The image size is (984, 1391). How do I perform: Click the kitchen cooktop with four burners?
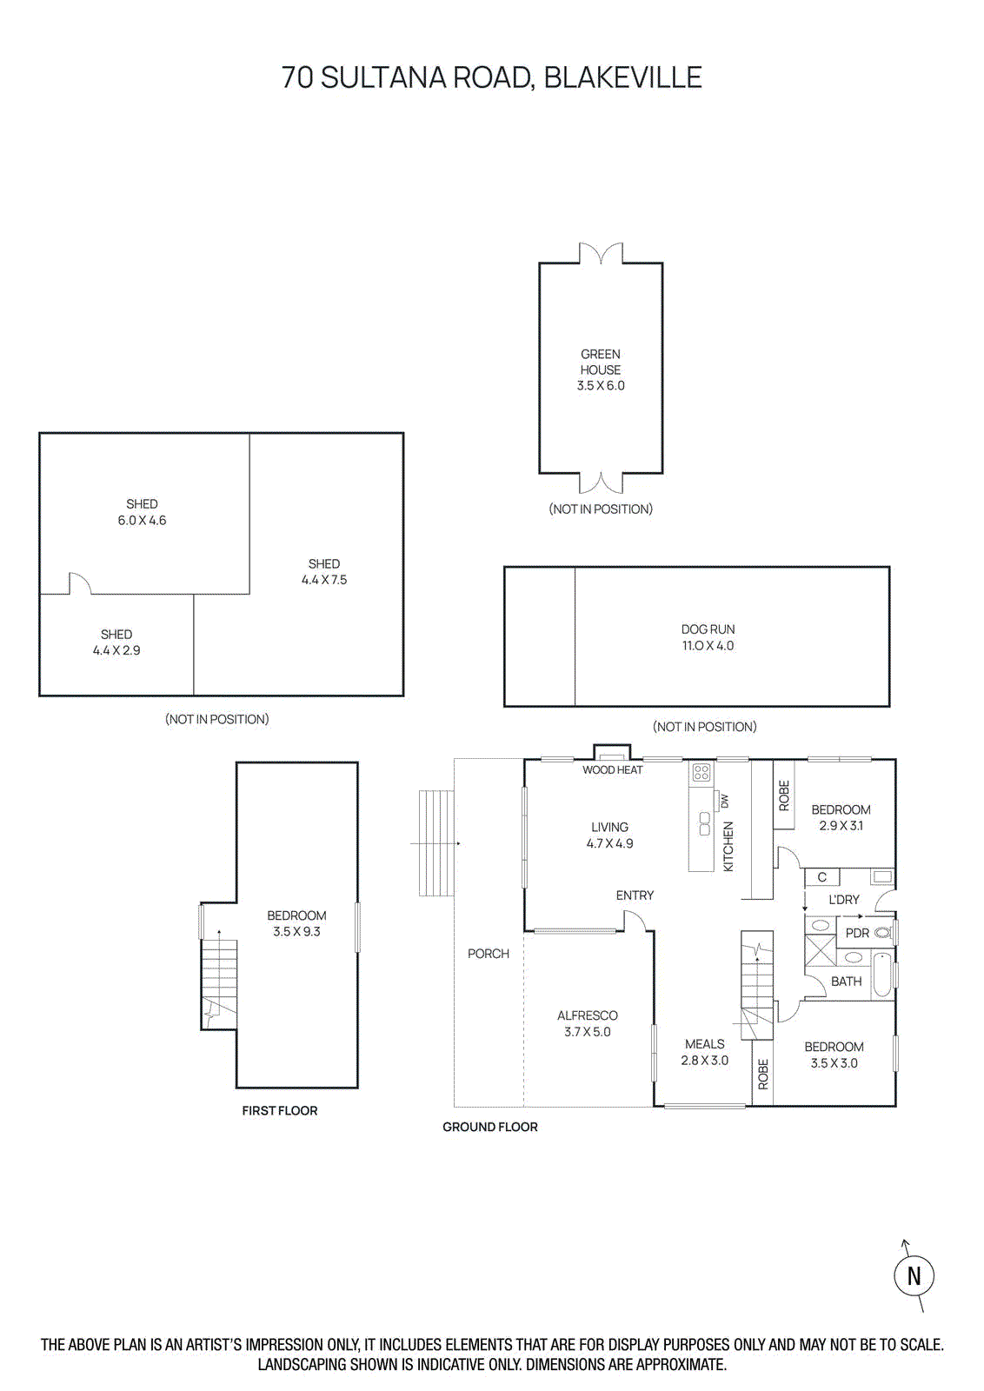coord(701,772)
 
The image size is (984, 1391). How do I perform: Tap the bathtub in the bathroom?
coord(881,975)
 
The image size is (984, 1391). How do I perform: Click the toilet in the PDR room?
coord(882,932)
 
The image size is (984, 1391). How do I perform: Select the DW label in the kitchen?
coord(725,801)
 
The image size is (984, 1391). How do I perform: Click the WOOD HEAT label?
coord(613,769)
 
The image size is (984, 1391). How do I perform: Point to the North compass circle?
coord(914,1275)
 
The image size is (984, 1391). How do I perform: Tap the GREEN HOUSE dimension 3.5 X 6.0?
coord(601,385)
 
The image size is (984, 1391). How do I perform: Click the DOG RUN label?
coord(708,629)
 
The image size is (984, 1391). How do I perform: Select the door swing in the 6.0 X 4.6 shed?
coord(79,583)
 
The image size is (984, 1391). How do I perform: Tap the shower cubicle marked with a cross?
coord(820,951)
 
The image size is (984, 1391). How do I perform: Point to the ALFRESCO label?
coord(588,1015)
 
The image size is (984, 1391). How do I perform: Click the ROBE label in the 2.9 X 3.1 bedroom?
coord(784,795)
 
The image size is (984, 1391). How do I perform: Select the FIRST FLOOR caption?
coord(280,1110)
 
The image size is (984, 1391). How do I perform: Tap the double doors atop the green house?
coord(601,254)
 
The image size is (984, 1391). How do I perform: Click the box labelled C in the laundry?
coord(822,877)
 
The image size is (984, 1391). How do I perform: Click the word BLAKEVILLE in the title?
coord(622,77)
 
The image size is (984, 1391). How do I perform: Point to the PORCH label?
coord(489,954)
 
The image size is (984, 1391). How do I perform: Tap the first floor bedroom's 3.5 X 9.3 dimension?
coord(296,931)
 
